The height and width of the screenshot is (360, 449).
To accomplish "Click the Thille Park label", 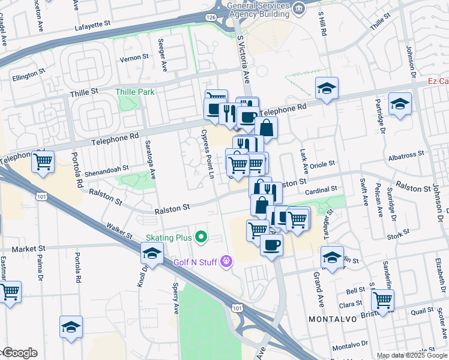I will click(x=135, y=92).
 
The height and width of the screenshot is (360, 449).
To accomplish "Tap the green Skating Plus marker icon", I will click(x=201, y=238).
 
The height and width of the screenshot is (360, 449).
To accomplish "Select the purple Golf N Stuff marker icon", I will click(x=226, y=260).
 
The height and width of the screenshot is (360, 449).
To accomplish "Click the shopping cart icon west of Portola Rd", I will click(x=43, y=161).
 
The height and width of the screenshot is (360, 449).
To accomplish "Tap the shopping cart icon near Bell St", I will click(x=382, y=299).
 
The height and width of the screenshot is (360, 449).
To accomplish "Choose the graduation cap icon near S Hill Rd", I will click(x=327, y=89).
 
